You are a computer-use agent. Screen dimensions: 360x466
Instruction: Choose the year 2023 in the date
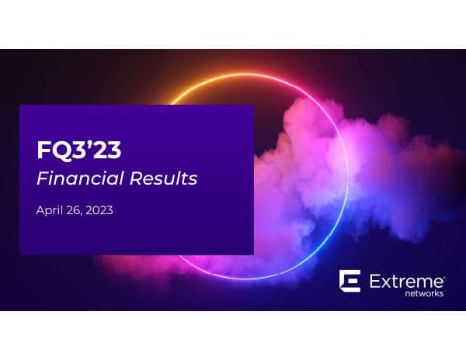(x=100, y=210)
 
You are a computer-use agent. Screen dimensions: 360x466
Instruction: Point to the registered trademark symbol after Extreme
(x=443, y=273)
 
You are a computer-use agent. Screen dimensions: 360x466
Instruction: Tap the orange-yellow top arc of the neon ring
(x=210, y=81)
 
